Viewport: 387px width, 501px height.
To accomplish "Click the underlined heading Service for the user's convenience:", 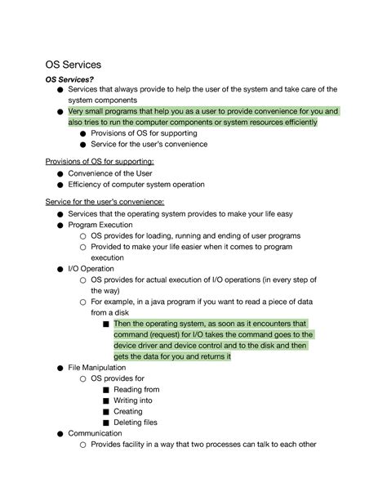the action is tap(107, 202).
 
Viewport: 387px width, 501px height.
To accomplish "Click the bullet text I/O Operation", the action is tap(91, 268).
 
